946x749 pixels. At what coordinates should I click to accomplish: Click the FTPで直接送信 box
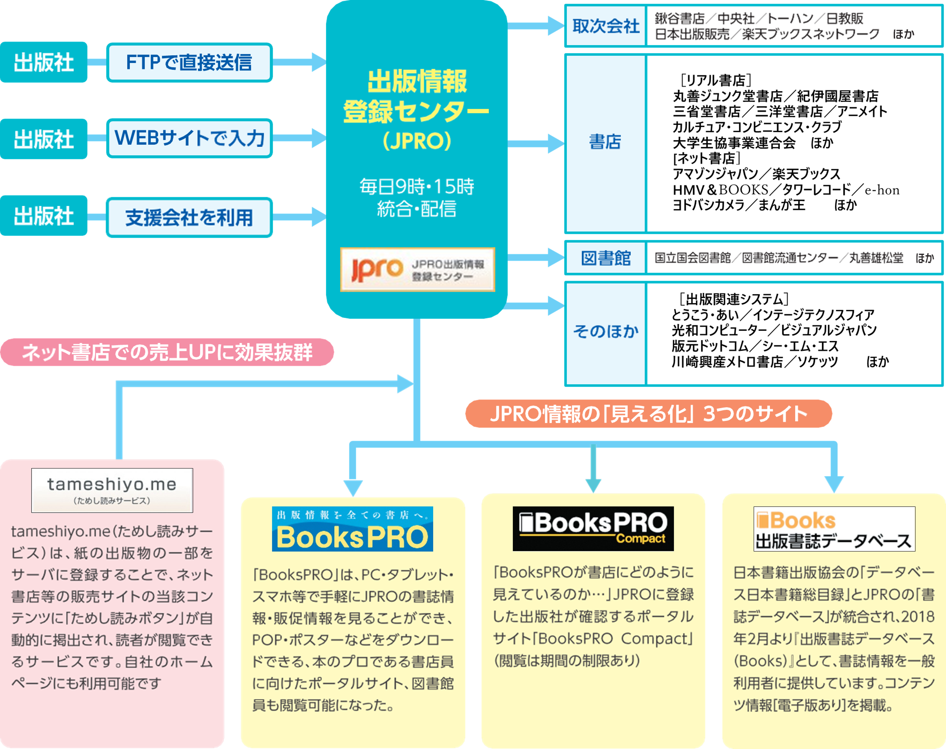[189, 62]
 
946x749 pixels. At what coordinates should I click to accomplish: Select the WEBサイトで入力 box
[189, 138]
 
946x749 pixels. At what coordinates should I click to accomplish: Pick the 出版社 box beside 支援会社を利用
[43, 216]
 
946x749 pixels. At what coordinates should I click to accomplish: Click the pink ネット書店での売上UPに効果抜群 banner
[167, 352]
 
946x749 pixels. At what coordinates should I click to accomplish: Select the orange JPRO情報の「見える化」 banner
[648, 413]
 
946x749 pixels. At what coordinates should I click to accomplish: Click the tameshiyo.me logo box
[112, 490]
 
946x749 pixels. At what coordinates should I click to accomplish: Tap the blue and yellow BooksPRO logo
[352, 529]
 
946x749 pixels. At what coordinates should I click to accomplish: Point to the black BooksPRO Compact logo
[593, 528]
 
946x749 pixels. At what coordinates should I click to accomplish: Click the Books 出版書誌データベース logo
[834, 529]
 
